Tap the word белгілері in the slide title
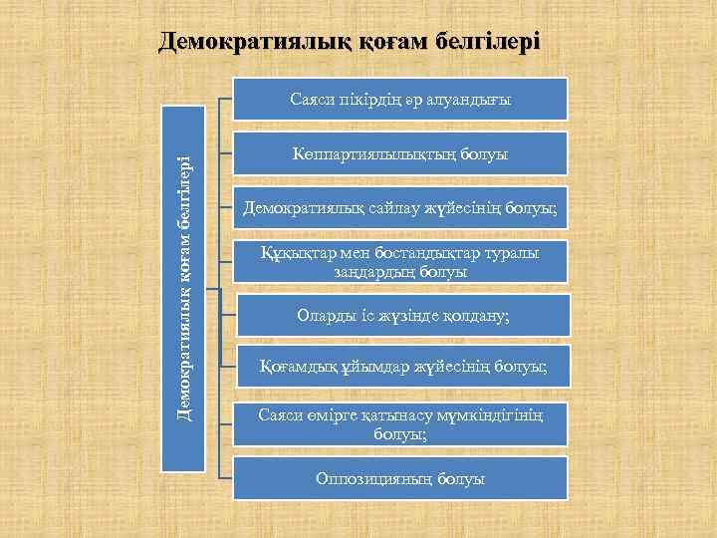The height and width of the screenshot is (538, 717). click(486, 42)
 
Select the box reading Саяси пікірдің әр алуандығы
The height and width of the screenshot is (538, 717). click(400, 100)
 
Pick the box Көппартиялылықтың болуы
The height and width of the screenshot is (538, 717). click(400, 154)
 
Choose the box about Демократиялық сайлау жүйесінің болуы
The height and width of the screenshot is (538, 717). click(400, 208)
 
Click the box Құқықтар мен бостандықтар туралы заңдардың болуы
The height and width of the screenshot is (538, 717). click(400, 262)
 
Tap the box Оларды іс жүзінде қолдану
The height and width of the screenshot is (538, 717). click(400, 316)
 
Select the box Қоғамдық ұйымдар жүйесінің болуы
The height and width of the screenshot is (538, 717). click(400, 369)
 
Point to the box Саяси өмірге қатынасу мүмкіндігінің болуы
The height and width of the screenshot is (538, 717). click(400, 423)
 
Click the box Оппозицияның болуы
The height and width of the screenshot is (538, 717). click(400, 478)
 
